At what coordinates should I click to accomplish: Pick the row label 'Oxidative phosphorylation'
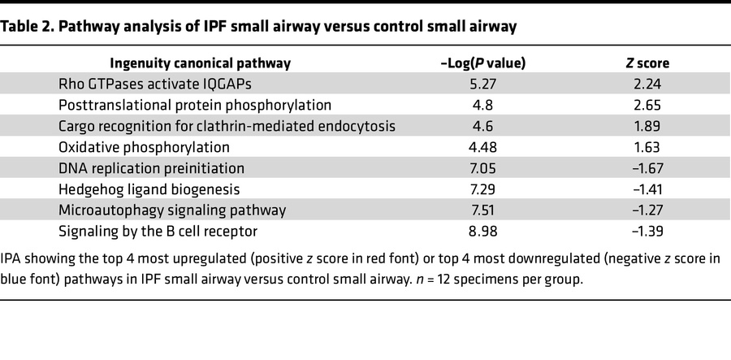tap(144, 147)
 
